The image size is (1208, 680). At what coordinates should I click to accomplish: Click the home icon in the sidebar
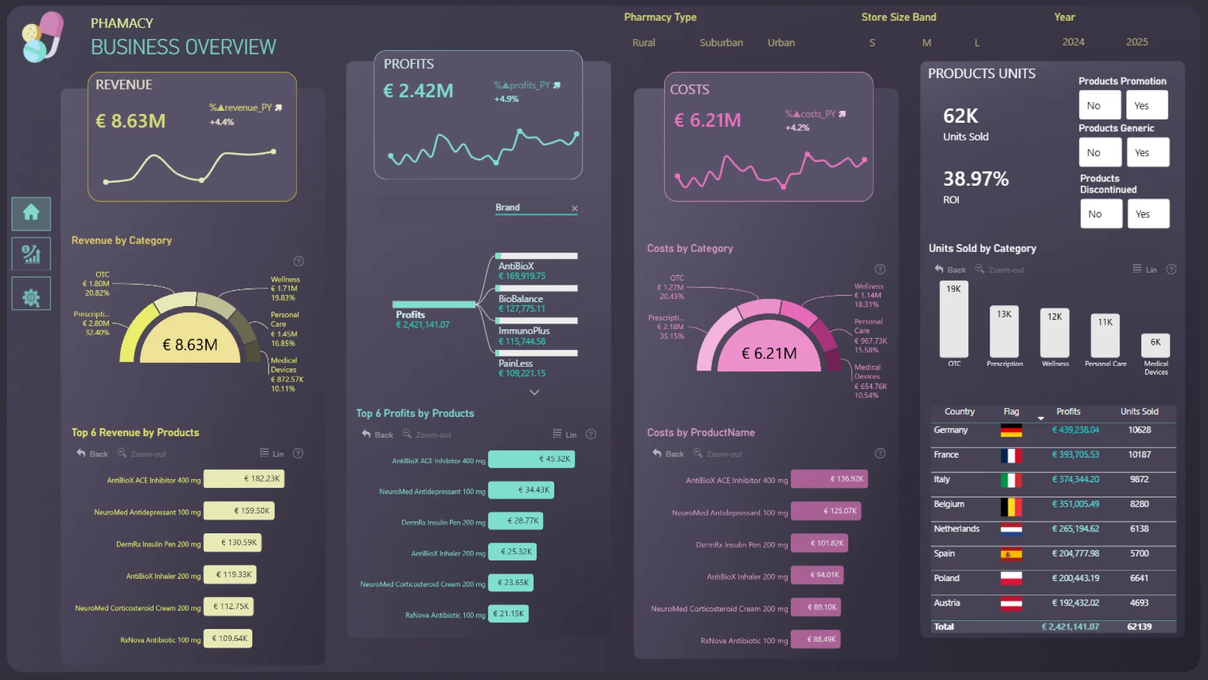point(31,213)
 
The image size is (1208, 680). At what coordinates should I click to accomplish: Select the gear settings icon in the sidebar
point(31,297)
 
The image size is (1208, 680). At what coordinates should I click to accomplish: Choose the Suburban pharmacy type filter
point(721,43)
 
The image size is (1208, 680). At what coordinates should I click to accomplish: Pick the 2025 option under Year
point(1136,42)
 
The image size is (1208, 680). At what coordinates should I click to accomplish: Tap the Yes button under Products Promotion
point(1146,105)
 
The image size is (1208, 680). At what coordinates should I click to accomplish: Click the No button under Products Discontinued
point(1100,214)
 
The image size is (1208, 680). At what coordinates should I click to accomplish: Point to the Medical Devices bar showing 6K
point(1155,345)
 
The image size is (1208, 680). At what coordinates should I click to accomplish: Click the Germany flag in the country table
point(1011,431)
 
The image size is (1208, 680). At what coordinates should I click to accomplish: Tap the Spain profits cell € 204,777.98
point(1075,554)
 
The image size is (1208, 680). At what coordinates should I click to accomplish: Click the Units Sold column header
point(1139,412)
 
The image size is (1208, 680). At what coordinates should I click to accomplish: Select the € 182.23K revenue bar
point(243,479)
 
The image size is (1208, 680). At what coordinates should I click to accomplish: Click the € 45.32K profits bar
point(531,459)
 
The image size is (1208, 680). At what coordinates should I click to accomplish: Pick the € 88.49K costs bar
point(815,639)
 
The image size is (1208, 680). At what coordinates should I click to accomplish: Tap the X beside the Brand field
point(574,208)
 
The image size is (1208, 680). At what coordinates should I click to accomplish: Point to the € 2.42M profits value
point(418,91)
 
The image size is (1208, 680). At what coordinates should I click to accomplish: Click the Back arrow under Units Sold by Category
point(939,269)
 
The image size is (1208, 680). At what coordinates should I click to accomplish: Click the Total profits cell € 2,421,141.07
point(1070,627)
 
